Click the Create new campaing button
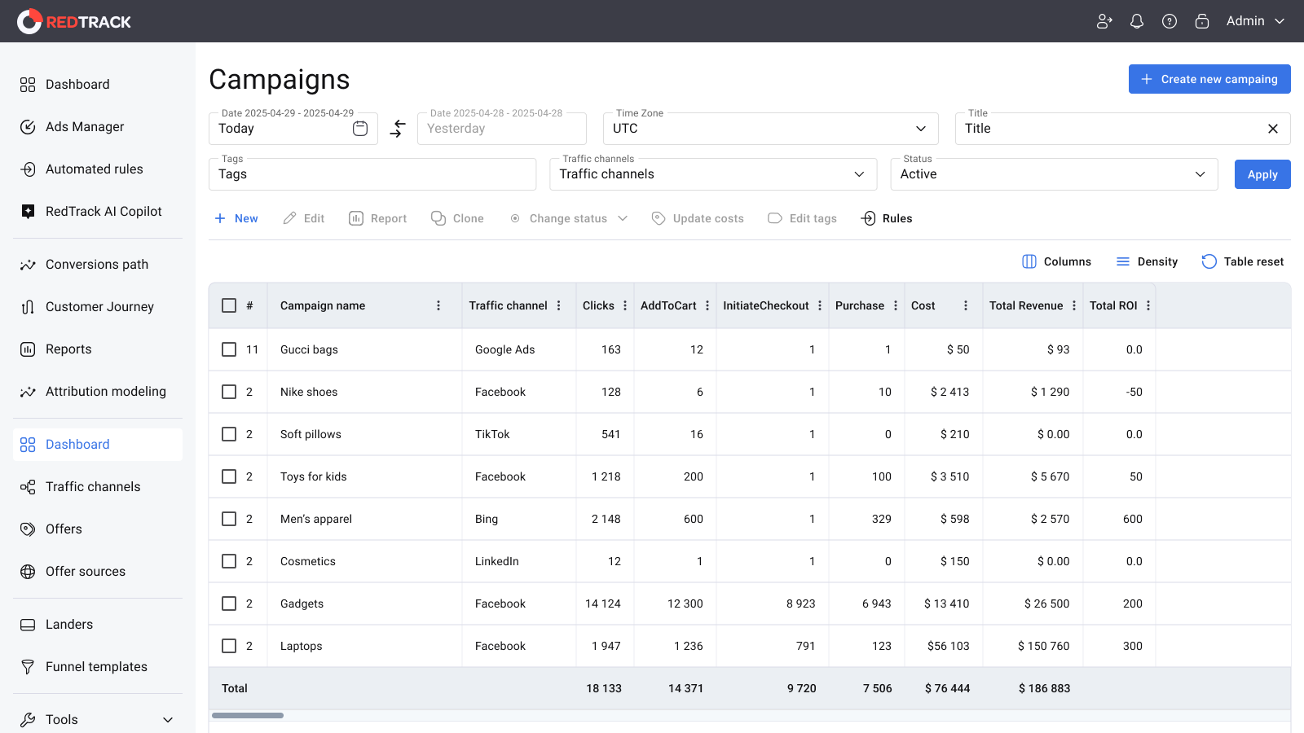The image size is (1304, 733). [x=1209, y=79]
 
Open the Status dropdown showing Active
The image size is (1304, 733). [x=1054, y=174]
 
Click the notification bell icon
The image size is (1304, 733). [x=1136, y=21]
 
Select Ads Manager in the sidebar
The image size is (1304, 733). [x=85, y=127]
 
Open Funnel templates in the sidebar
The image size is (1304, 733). [x=97, y=667]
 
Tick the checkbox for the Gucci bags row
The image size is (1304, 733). [x=229, y=349]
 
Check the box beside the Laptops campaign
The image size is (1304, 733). [x=229, y=646]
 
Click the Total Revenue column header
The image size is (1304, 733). [x=1026, y=305]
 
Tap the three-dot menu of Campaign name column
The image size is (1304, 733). [x=438, y=305]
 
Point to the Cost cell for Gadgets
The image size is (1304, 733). [x=946, y=604]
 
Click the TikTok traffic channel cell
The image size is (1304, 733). [x=492, y=435]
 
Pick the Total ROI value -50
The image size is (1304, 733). [x=1134, y=392]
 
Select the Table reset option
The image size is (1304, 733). [x=1242, y=261]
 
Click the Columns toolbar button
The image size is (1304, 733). [x=1056, y=261]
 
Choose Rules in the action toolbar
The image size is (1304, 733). [x=886, y=219]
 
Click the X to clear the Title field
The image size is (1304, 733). [x=1272, y=129]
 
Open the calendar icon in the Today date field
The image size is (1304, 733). [x=359, y=129]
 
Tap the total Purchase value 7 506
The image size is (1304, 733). [x=877, y=689]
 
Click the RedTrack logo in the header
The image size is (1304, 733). [x=74, y=21]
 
